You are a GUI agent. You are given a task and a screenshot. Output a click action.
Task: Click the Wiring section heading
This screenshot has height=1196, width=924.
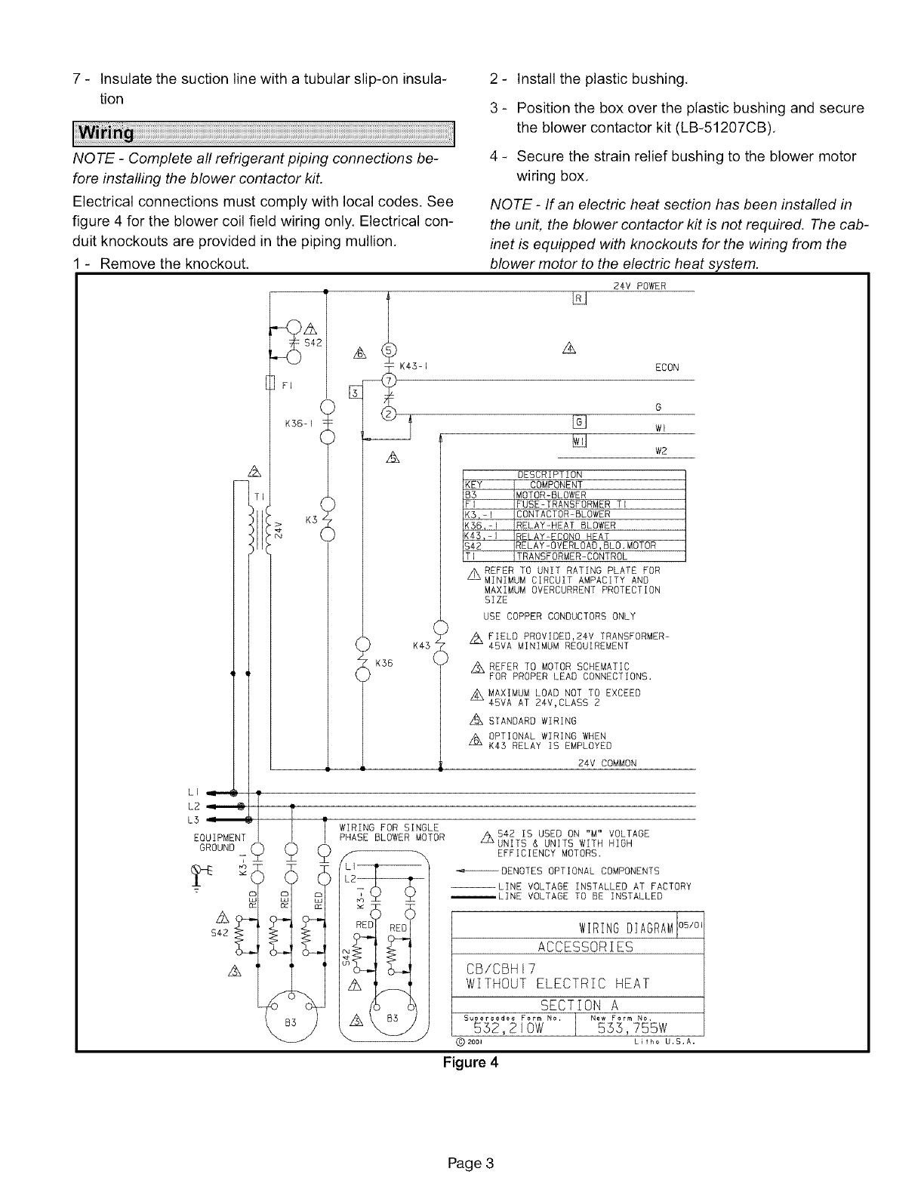coord(112,134)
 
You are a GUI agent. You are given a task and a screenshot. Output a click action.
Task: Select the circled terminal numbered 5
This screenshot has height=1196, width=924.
coord(389,349)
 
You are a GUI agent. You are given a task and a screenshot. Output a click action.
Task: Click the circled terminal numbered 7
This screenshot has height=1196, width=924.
coord(389,378)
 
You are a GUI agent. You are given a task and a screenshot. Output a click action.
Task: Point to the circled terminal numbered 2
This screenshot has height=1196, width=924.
coord(389,415)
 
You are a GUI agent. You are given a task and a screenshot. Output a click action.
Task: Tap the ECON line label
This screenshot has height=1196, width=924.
coord(667,368)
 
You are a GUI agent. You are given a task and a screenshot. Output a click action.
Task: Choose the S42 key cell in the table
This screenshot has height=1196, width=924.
coord(473,546)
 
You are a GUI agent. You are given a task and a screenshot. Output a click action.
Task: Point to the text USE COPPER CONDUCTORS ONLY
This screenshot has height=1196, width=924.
coord(559,616)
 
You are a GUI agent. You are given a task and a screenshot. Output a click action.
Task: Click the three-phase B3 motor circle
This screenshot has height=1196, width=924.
coord(289,1019)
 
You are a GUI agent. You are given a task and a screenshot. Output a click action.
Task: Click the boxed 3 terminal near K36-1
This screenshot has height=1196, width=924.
coord(352,391)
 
